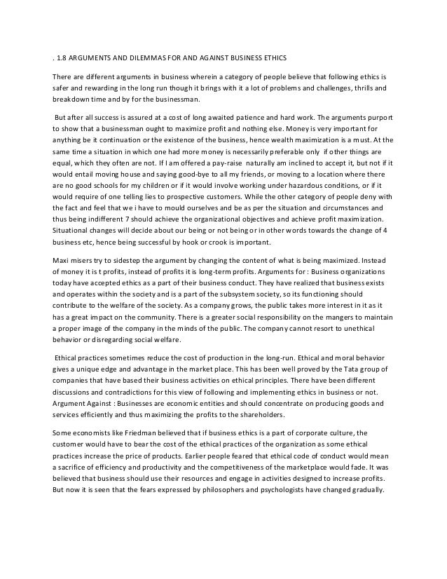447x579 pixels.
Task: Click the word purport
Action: pyautogui.click(x=380, y=118)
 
